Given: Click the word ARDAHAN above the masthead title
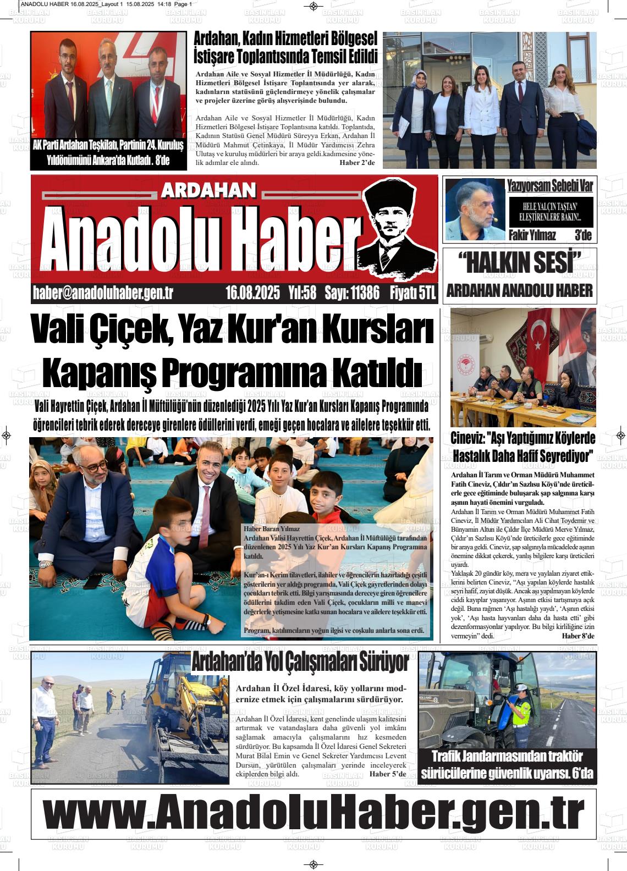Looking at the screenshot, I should tap(210, 190).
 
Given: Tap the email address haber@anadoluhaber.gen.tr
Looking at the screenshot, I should tap(103, 293).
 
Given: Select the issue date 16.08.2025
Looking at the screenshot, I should tap(252, 293).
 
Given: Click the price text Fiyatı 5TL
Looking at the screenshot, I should tap(412, 293).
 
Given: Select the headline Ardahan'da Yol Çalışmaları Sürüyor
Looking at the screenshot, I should tap(300, 663).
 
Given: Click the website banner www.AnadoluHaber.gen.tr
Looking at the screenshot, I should tap(313, 811).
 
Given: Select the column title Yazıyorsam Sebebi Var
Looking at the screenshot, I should tap(549, 186).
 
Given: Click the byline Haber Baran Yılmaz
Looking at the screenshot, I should tap(270, 529).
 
